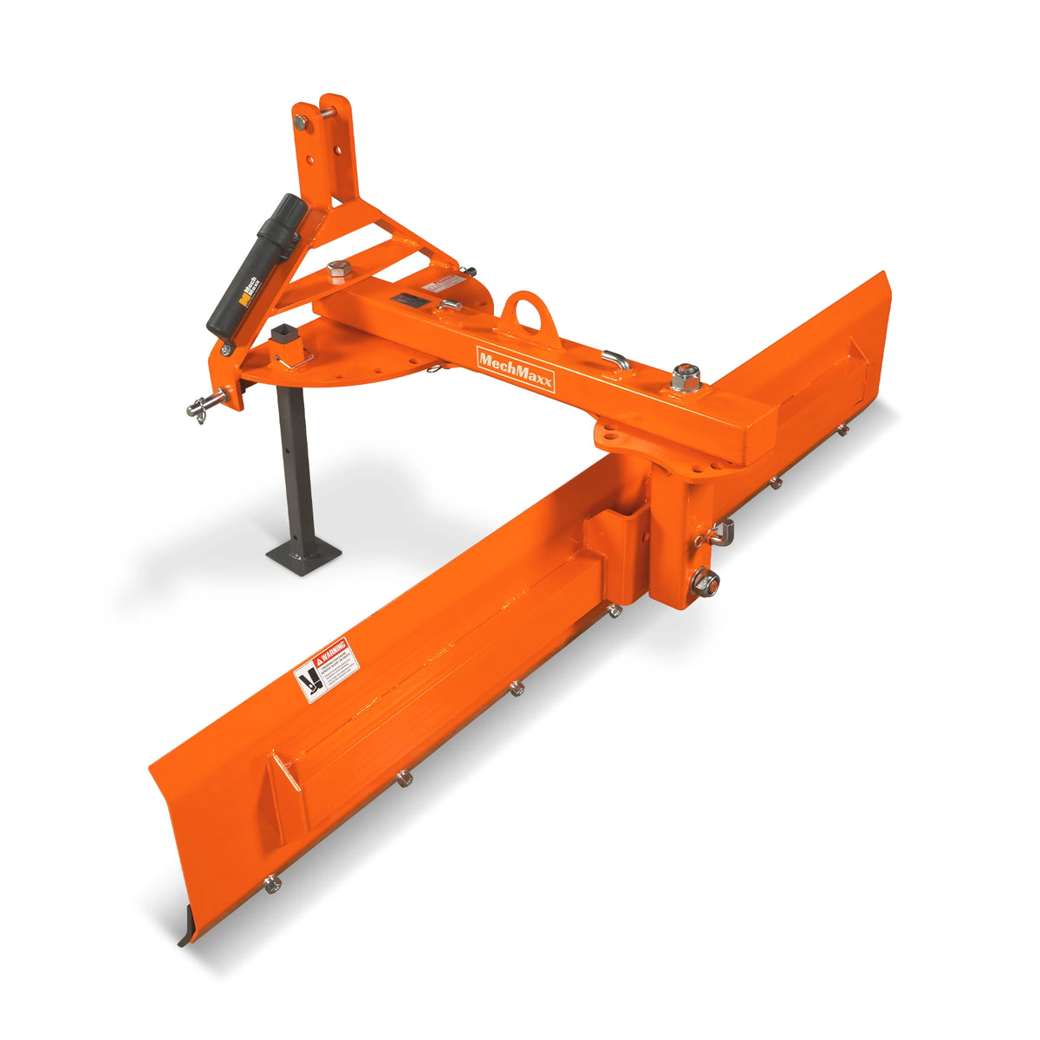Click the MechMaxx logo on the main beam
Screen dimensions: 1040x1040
(516, 369)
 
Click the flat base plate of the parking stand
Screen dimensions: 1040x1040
(302, 554)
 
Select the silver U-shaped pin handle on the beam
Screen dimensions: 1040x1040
(616, 360)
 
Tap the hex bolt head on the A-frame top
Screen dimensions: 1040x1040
(340, 270)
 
